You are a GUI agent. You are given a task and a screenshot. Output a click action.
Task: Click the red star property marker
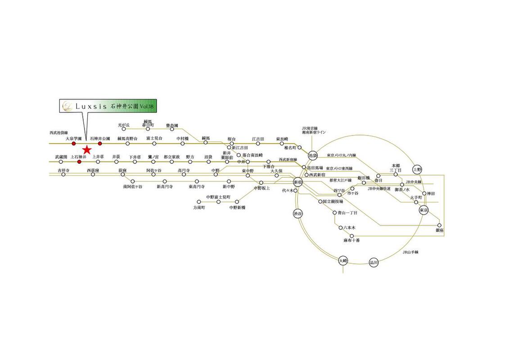(x=87, y=149)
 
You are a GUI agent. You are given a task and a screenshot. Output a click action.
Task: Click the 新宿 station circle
(x=298, y=182)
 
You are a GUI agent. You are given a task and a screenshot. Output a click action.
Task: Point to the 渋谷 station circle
(x=298, y=213)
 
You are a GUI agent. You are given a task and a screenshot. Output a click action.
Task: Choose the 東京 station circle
(x=423, y=210)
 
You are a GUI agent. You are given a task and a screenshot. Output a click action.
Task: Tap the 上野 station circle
(x=417, y=169)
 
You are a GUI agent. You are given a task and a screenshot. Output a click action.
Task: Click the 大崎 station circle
(x=343, y=261)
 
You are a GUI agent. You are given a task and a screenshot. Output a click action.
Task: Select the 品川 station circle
(x=374, y=262)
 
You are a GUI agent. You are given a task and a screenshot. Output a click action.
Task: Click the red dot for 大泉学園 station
(x=73, y=144)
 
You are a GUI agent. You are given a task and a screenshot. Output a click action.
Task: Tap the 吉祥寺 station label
(x=63, y=171)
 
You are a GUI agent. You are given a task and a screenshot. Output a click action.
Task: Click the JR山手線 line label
(x=410, y=252)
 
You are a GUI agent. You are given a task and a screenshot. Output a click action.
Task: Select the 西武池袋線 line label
(x=59, y=133)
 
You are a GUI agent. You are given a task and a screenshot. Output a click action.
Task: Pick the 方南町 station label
(x=199, y=208)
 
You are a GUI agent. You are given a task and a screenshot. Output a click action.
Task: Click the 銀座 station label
(x=439, y=230)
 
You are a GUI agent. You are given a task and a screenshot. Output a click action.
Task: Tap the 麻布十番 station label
(x=351, y=240)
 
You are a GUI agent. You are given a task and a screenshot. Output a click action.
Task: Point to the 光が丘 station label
(x=124, y=125)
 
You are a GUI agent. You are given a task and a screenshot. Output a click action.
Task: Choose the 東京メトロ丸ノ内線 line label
(x=341, y=156)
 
